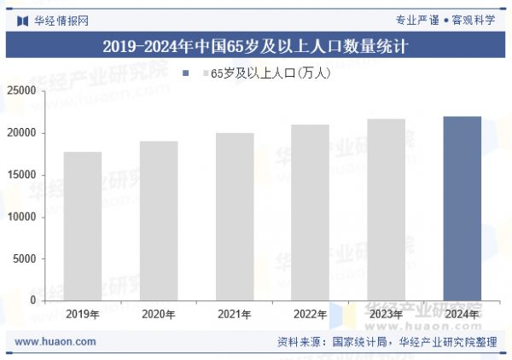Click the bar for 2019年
(83, 226)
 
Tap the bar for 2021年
(235, 217)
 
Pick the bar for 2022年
(310, 212)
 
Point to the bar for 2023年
(386, 209)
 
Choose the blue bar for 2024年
(462, 208)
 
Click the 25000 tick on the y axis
(23, 90)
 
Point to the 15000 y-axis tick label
(23, 175)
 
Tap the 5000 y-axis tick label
(26, 258)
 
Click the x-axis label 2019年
(83, 315)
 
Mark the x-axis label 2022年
(310, 315)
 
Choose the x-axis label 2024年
(462, 315)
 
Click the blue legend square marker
(185, 73)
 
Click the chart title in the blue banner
(255, 47)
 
